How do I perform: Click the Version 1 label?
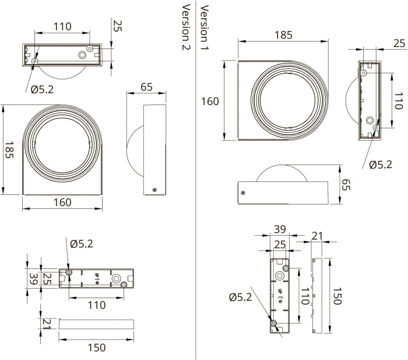[x=205, y=27]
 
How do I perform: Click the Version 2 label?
[x=187, y=27]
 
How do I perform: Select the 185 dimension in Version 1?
[x=283, y=34]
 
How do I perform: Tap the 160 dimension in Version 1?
[x=210, y=101]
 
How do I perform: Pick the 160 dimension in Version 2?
[x=62, y=202]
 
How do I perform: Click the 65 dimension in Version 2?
[x=147, y=87]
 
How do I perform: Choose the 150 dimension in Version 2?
[x=97, y=347]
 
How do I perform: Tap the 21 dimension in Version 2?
[x=47, y=324]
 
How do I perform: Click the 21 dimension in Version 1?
[x=316, y=235]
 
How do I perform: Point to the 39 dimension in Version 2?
[x=33, y=279]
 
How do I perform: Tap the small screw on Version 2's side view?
[x=154, y=188]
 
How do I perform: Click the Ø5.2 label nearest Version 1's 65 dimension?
[x=381, y=165]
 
